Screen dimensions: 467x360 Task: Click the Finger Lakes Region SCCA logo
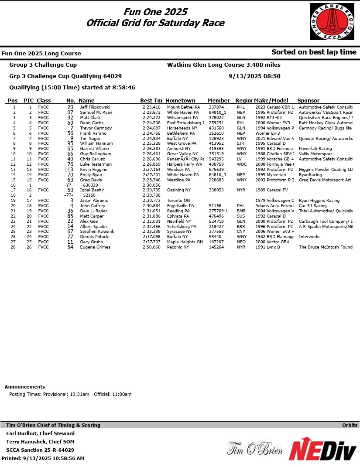point(332,20)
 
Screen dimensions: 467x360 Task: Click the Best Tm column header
point(151,101)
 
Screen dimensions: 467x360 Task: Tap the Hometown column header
point(180,101)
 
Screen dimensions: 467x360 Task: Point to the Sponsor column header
point(308,101)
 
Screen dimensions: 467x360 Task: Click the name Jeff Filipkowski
point(95,107)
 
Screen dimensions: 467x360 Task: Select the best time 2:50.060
point(151,247)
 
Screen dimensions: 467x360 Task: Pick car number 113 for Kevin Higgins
point(69,170)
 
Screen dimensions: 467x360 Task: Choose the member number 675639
point(216,170)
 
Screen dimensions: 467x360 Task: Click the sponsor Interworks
point(309,237)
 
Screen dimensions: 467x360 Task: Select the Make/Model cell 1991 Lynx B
point(267,247)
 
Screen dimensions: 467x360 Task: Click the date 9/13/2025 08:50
point(254,76)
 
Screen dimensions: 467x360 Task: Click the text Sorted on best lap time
point(314,52)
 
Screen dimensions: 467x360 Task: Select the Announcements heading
point(25,387)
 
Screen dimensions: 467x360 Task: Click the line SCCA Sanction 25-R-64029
point(40,450)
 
